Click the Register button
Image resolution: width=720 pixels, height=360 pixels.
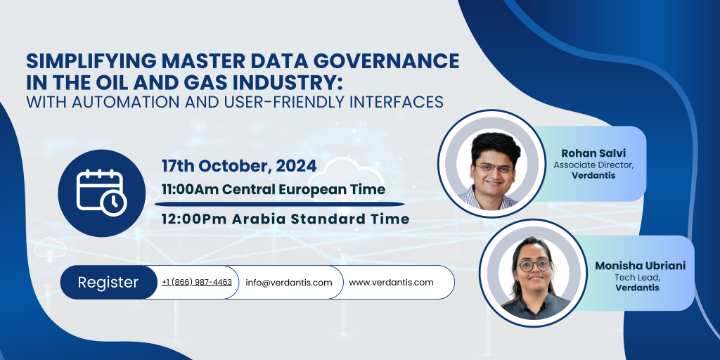click(108, 283)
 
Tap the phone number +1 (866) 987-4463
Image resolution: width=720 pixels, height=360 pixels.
click(196, 283)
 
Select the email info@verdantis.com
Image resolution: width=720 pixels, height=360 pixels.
click(288, 283)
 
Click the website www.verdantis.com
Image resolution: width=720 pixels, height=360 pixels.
click(391, 283)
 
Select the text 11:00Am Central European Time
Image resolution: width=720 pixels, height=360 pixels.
click(274, 189)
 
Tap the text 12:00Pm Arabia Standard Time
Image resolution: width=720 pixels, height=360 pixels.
click(285, 219)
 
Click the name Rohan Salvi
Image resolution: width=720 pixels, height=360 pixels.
click(584, 153)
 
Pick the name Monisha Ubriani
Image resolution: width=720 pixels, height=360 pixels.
click(641, 266)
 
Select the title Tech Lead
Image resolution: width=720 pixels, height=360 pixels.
click(641, 277)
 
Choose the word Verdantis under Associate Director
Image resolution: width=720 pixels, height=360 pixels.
click(593, 175)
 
